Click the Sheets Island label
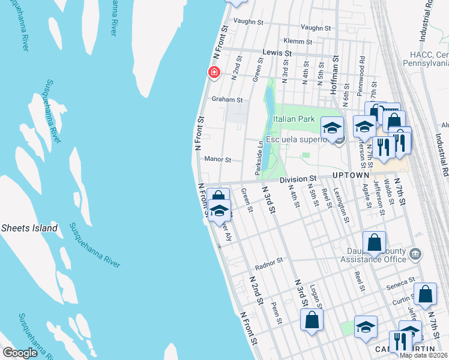tap(29, 228)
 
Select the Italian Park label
tap(294, 119)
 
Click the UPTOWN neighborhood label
tap(351, 175)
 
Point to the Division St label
tap(297, 179)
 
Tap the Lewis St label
tap(279, 53)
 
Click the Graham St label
tap(226, 100)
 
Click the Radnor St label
tap(268, 262)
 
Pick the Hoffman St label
tap(335, 74)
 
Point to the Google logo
tap(20, 353)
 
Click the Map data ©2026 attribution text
tap(423, 355)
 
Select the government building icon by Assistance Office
tap(415, 254)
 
